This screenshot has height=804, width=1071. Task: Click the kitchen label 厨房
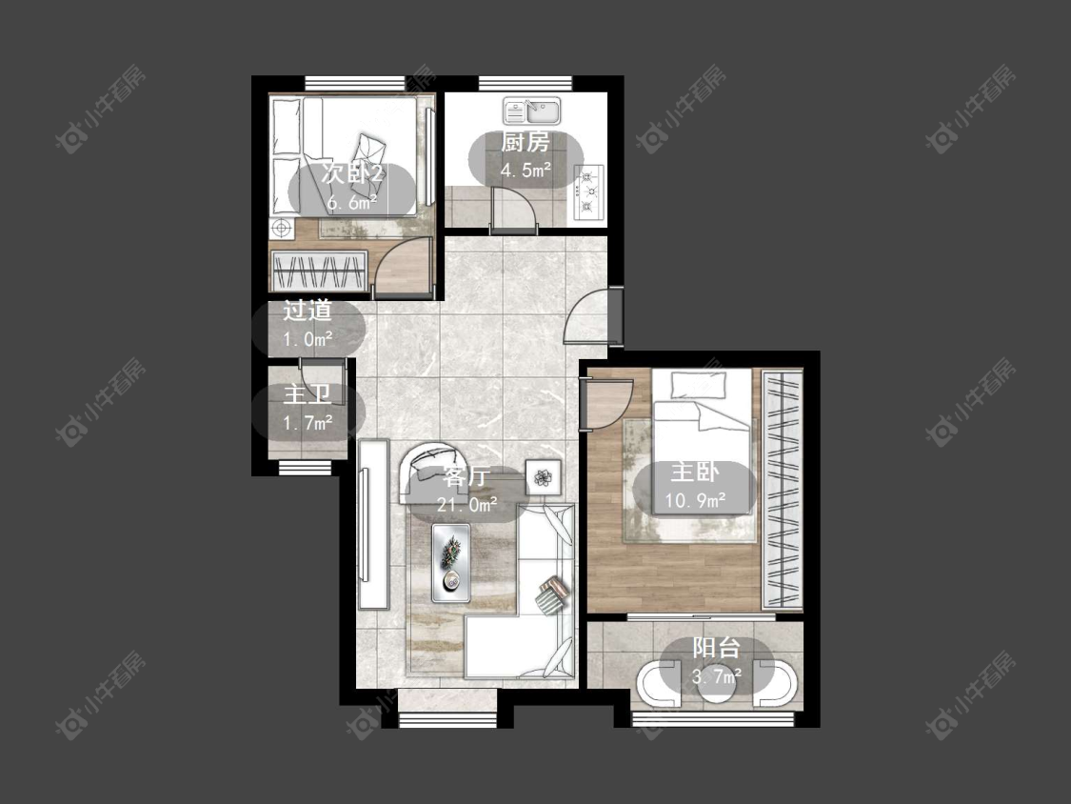(x=525, y=142)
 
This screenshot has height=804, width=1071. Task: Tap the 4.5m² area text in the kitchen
(x=526, y=171)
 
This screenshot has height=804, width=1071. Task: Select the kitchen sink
(x=532, y=111)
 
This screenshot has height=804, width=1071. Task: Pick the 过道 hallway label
(x=307, y=311)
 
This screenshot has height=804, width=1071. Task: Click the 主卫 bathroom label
(x=307, y=394)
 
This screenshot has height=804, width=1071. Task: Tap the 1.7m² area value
(x=308, y=423)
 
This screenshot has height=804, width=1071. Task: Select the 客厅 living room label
(x=467, y=476)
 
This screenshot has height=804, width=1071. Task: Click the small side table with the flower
(x=543, y=476)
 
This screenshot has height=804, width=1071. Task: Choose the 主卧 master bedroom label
(x=695, y=472)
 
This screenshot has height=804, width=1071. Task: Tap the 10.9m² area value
(x=695, y=501)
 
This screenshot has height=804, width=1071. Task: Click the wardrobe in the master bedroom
(x=783, y=490)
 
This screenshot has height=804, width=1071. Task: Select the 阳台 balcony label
(x=717, y=648)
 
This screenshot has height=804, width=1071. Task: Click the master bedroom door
(x=606, y=405)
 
